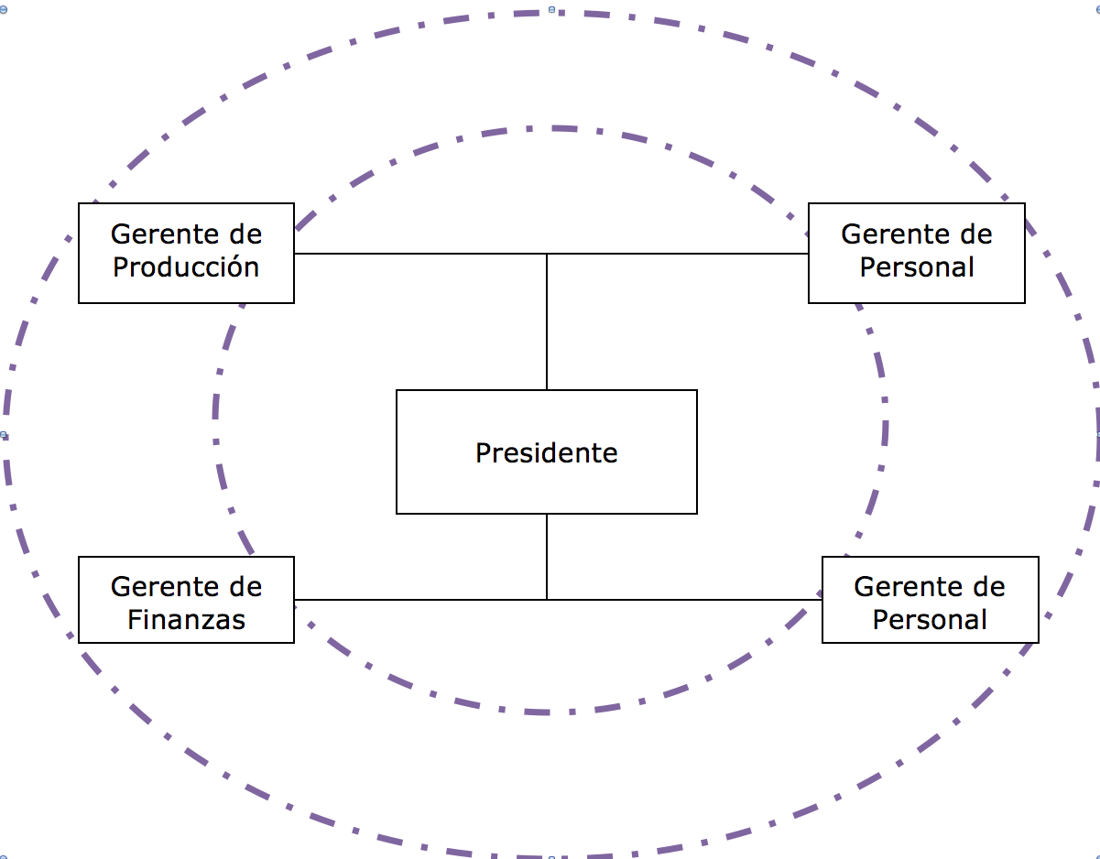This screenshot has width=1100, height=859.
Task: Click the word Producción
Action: (186, 267)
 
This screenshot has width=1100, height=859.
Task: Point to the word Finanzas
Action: (186, 620)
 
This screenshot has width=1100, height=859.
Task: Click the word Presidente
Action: (546, 452)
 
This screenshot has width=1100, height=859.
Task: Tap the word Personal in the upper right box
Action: (917, 267)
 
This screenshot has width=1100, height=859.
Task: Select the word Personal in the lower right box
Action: (930, 620)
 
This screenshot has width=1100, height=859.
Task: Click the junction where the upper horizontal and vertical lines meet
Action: (547, 254)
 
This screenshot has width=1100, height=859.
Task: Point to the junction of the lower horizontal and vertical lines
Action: (547, 600)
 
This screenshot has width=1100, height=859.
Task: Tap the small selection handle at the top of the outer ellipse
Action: (551, 9)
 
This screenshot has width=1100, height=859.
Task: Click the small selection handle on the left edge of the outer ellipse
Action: (4, 436)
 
